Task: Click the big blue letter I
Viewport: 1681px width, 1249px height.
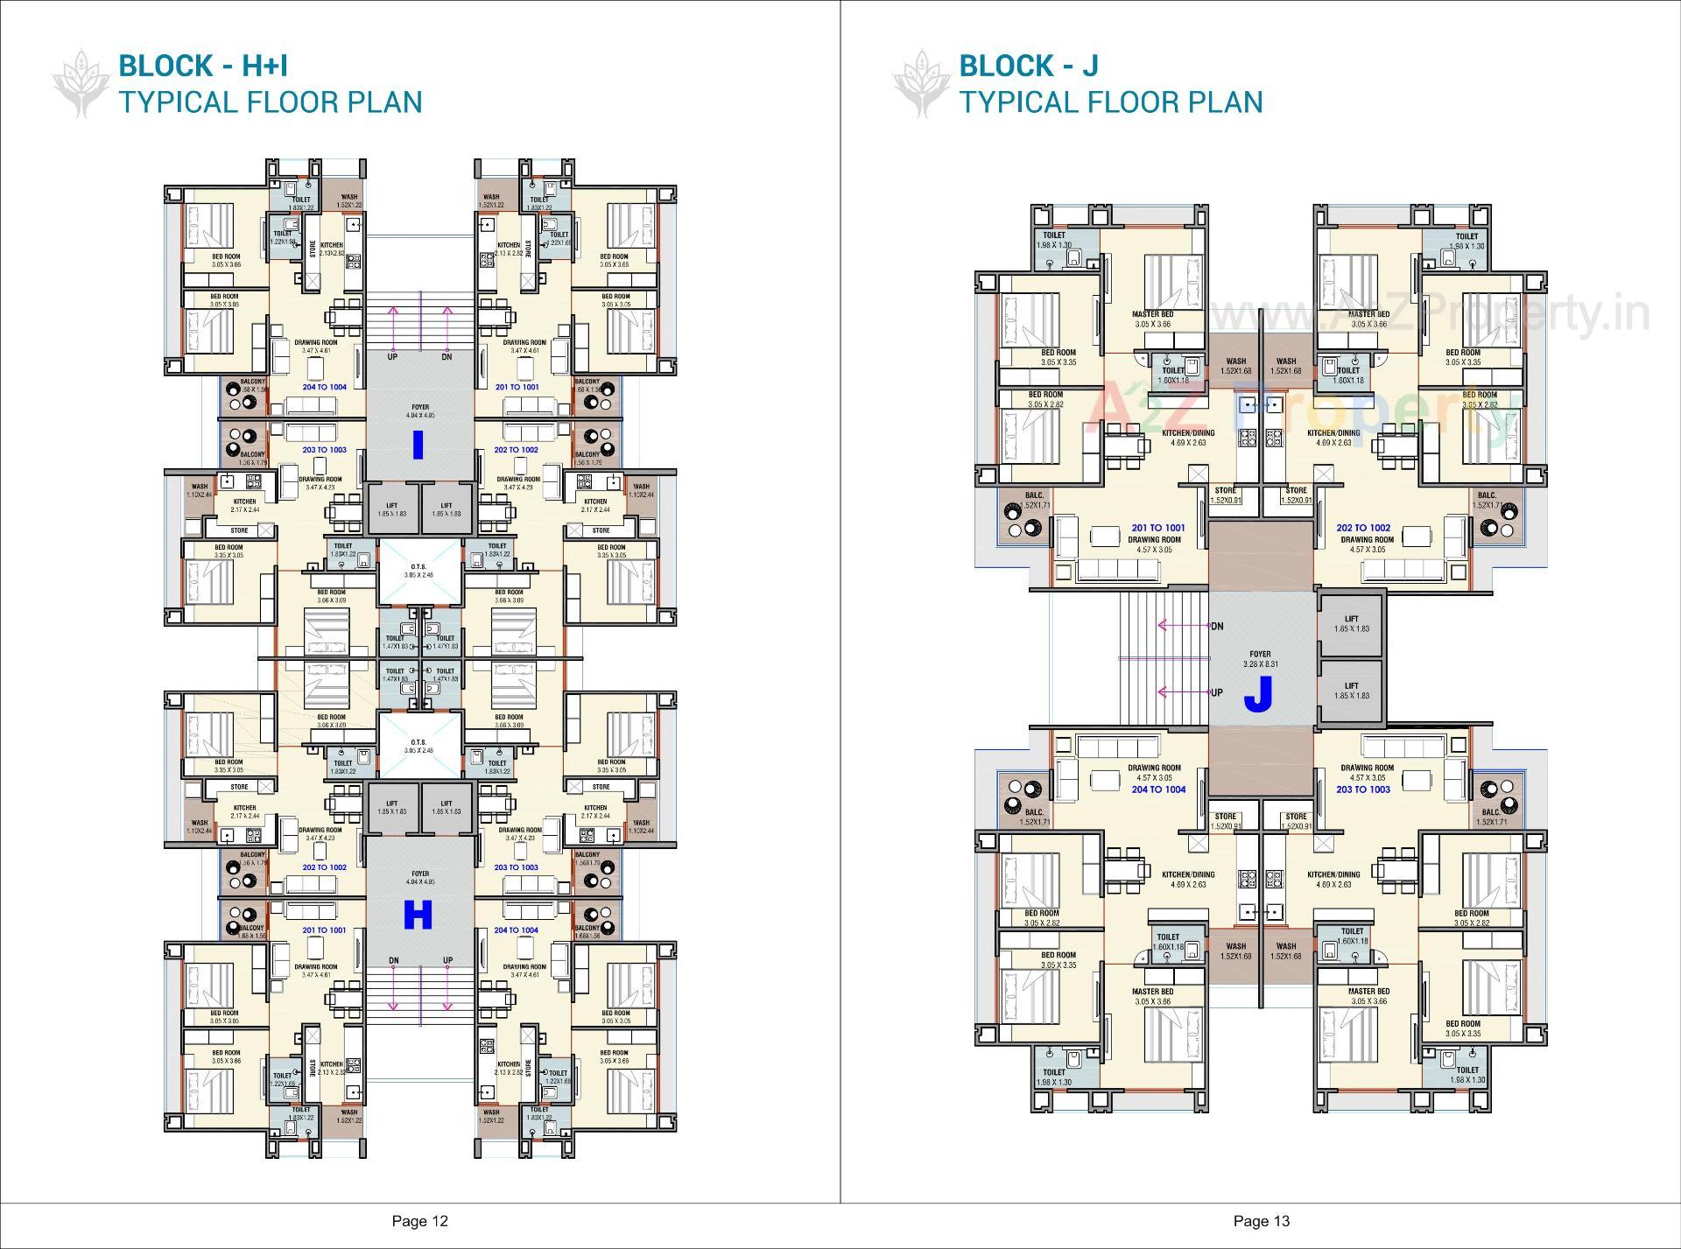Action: [x=418, y=445]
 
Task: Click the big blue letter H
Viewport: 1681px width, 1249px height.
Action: [x=418, y=916]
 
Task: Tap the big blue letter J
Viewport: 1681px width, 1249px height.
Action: [x=1257, y=695]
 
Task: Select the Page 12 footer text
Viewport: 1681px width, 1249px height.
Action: [x=419, y=1221]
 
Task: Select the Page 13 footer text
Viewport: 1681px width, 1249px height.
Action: [x=1261, y=1221]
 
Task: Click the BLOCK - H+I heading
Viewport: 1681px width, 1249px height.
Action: [x=203, y=66]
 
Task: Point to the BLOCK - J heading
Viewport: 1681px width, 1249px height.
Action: [x=1028, y=66]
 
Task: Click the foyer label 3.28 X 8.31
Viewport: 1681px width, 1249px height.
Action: [x=1260, y=664]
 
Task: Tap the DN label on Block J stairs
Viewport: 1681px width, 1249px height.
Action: [x=1217, y=627]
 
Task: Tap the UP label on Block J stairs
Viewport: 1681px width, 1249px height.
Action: [x=1217, y=692]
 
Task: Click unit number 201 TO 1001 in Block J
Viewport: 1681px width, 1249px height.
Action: [x=1157, y=528]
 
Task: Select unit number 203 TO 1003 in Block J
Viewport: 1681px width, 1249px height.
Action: [x=1363, y=789]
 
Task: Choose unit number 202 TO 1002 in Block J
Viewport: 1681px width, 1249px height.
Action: [x=1363, y=528]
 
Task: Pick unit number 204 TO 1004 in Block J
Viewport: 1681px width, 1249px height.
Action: [x=1157, y=789]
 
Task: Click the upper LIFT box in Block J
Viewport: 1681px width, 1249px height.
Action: [x=1351, y=624]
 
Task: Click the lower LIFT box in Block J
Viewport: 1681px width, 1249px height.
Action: [x=1351, y=691]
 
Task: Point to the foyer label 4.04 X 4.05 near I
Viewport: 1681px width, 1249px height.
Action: [x=420, y=416]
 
